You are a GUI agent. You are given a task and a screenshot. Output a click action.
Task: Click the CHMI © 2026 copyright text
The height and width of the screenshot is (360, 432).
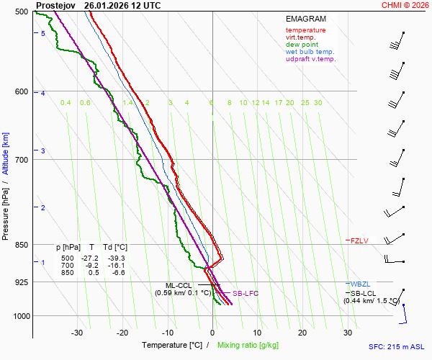pos(406,5)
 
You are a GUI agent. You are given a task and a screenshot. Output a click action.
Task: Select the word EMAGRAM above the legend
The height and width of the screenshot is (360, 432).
pos(305,18)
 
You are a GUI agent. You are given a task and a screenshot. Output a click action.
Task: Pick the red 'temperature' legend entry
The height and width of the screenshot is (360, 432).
pos(305,30)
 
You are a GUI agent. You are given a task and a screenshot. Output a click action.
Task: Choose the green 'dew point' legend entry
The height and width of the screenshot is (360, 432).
pos(302,45)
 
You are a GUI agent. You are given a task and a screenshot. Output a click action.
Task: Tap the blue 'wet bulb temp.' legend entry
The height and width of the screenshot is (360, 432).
pos(310,52)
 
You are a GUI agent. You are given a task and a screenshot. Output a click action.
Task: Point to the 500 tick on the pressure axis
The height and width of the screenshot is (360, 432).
pos(21,12)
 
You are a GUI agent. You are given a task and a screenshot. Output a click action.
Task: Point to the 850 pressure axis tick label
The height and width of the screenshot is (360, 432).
pos(21,245)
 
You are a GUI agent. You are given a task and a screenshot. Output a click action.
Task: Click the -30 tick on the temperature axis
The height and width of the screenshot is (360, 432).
pos(77,333)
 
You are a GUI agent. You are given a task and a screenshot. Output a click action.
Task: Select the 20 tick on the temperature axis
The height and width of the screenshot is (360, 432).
pos(302,333)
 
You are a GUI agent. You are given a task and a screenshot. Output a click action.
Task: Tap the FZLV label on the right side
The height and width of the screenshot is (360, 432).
pos(359,240)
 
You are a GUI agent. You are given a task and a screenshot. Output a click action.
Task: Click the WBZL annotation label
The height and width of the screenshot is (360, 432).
pos(360,284)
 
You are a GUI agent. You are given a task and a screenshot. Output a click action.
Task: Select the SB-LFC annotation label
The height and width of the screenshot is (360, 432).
pos(245,294)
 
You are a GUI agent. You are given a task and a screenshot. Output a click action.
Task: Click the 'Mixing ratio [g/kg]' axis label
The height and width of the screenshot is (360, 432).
pos(248,346)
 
